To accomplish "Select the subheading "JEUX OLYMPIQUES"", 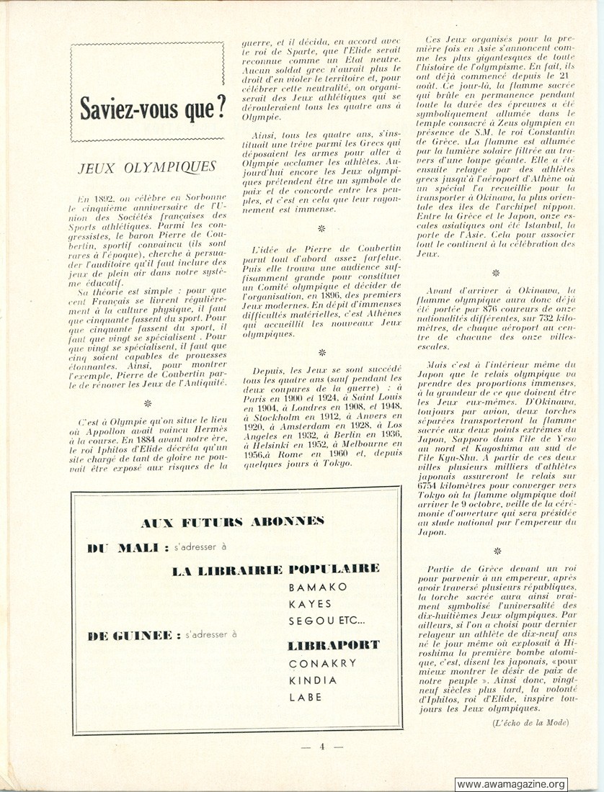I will pyautogui.click(x=147, y=167).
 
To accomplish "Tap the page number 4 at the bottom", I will pyautogui.click(x=322, y=746).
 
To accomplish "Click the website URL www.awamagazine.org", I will pyautogui.click(x=511, y=784).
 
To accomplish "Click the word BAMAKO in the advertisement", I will pyautogui.click(x=318, y=587).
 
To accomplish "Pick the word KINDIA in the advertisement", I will pyautogui.click(x=313, y=680).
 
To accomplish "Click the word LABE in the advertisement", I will pyautogui.click(x=306, y=697).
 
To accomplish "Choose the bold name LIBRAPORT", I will pyautogui.click(x=333, y=645).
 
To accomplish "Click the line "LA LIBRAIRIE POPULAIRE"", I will pyautogui.click(x=275, y=570).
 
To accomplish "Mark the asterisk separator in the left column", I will pyautogui.click(x=148, y=402).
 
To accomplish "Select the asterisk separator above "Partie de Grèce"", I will pyautogui.click(x=497, y=551).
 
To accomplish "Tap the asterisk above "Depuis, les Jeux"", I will pyautogui.click(x=321, y=352).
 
